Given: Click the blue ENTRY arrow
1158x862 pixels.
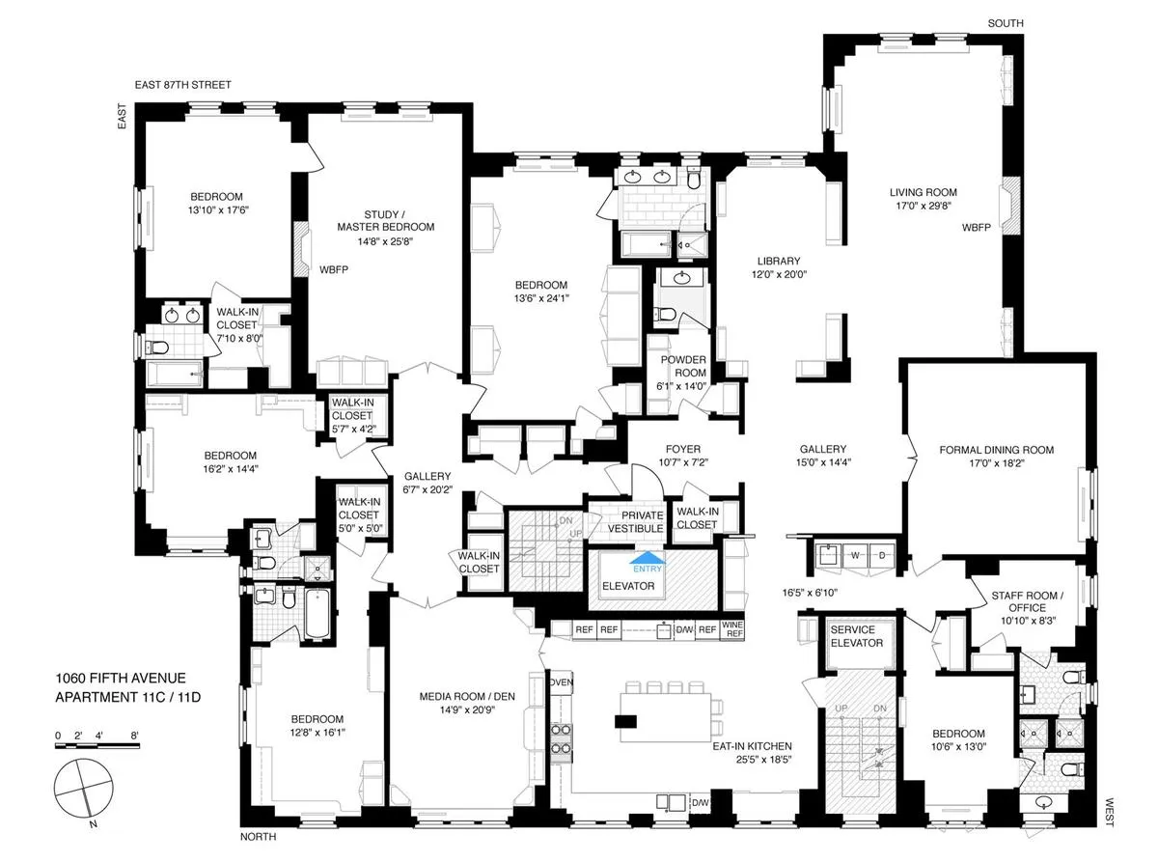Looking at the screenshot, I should (647, 556).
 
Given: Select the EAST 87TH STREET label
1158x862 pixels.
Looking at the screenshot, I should (184, 85).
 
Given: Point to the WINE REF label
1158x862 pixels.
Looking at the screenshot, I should (733, 630).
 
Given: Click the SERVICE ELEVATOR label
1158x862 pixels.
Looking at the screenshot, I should (858, 636).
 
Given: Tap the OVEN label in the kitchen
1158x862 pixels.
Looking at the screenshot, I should (561, 682).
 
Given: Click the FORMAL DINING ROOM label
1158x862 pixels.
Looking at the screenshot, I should (997, 450).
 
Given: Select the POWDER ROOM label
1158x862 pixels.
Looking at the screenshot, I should (683, 366).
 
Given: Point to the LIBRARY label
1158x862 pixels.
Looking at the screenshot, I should (779, 261).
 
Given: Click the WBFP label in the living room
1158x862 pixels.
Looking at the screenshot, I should (976, 228).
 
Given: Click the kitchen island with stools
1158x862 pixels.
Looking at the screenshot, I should (669, 719).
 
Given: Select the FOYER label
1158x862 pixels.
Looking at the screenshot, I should (682, 449).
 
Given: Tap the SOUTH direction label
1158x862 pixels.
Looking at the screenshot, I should (1006, 23).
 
